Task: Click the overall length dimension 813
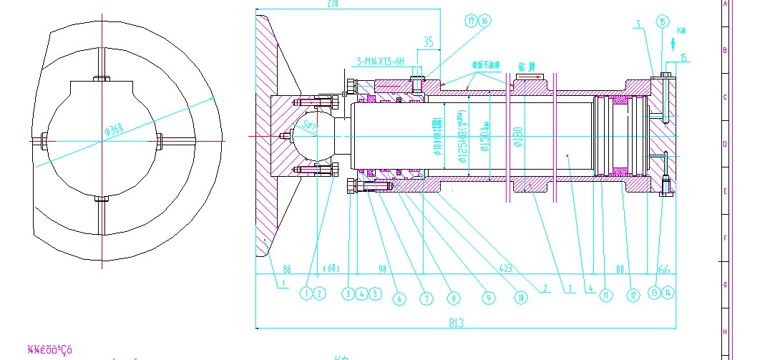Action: tap(456, 322)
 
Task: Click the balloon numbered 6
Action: tap(399, 298)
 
